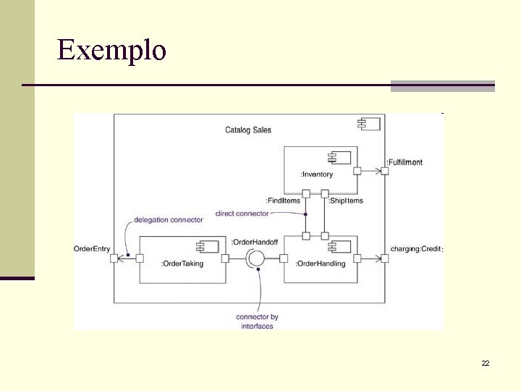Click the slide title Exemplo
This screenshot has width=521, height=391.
[x=111, y=50]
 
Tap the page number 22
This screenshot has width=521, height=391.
[x=486, y=363]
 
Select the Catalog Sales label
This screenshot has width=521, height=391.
[x=248, y=130]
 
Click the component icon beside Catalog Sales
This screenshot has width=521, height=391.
[x=368, y=124]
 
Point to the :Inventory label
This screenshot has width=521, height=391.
[x=317, y=175]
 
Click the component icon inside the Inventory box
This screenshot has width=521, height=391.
[x=339, y=158]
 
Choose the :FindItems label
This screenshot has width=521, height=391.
[x=283, y=201]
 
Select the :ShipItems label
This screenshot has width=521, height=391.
[x=346, y=201]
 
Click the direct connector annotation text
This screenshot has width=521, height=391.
[x=242, y=214]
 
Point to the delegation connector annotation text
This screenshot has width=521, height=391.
[x=169, y=219]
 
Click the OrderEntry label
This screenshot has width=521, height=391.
[x=92, y=249]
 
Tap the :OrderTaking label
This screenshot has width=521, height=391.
[x=182, y=264]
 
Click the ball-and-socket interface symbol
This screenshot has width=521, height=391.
[x=255, y=258]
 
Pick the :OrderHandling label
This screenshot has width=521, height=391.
[x=321, y=264]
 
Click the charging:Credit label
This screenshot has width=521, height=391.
[x=415, y=249]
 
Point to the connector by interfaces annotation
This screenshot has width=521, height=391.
[x=257, y=321]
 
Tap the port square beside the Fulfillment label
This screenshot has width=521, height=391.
[x=384, y=171]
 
